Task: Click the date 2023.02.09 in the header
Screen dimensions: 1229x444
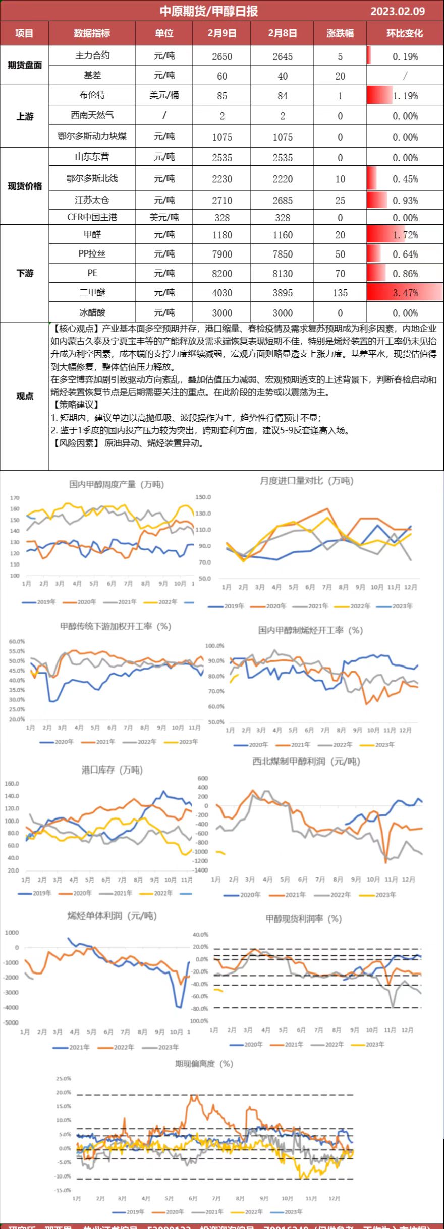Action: point(398,11)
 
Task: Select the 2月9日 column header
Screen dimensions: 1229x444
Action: point(222,33)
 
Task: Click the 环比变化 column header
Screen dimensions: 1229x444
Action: point(405,33)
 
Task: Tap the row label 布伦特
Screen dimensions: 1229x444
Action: point(92,95)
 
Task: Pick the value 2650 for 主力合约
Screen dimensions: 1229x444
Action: point(222,56)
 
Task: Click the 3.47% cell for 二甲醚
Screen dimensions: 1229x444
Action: point(405,293)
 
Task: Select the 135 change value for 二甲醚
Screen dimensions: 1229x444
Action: point(340,293)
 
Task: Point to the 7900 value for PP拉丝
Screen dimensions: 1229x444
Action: point(222,254)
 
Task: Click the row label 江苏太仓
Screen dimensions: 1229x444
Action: point(92,200)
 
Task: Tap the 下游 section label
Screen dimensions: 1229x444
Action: point(25,273)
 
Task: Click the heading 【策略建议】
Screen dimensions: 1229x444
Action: point(75,404)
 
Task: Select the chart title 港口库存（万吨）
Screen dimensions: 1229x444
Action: point(112,770)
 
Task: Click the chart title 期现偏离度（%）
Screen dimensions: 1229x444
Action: point(204,1064)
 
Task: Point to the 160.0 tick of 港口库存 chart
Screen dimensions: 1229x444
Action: point(12,784)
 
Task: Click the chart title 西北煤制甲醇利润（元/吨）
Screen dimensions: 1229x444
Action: point(306,761)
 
